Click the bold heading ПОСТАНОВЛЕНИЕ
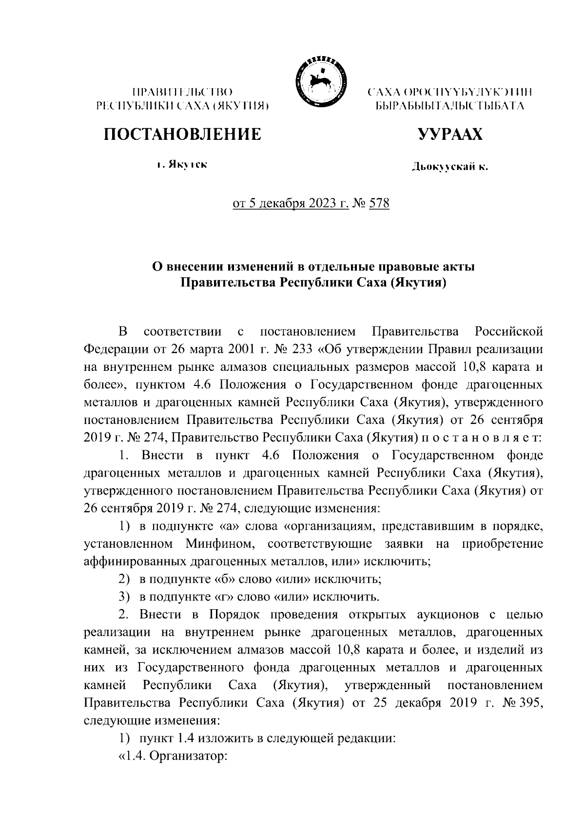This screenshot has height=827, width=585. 181,134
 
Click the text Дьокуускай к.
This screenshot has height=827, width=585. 449,168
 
